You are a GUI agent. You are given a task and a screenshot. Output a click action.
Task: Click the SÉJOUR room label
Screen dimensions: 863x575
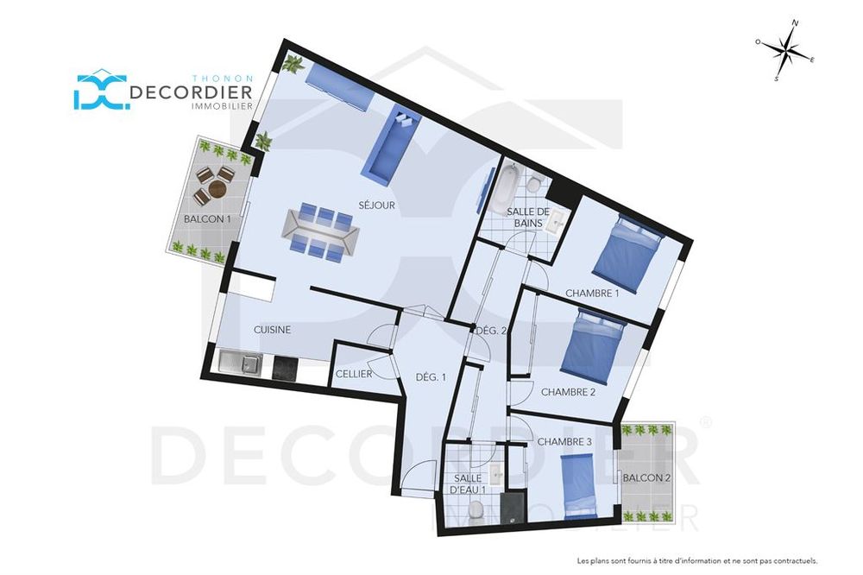377,205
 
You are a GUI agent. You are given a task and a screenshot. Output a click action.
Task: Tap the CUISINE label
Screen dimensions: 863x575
272,330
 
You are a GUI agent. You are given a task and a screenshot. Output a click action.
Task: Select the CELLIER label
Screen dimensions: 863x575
354,375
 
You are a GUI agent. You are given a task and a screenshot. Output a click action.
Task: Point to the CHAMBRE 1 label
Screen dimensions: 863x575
592,294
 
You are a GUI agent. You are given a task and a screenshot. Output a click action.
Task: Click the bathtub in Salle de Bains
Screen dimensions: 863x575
505,190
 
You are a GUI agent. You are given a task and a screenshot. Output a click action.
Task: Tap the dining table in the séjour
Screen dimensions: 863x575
321,232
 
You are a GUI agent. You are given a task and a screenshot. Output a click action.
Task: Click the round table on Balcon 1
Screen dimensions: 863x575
218,190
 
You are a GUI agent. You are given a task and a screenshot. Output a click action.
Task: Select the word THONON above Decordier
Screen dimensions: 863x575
223,79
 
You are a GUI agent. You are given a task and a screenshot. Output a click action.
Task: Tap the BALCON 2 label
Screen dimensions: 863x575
646,478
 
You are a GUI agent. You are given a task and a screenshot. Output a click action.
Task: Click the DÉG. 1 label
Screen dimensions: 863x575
431,378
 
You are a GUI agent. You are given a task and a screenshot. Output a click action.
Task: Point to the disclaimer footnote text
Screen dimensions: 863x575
697,561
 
